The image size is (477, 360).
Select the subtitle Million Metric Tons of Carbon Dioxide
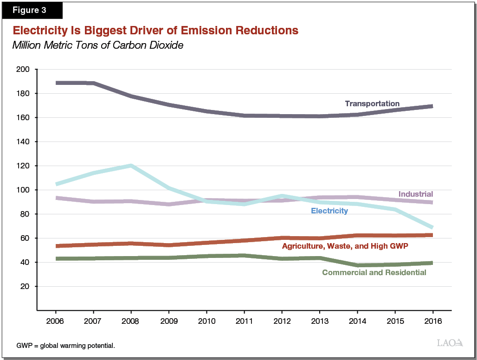click(97, 45)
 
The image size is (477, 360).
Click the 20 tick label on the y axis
click(25, 287)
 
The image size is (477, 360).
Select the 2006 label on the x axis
click(56, 321)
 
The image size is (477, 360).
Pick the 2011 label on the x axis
click(244, 321)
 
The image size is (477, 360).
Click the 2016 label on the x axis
click(432, 321)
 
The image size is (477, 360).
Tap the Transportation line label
click(372, 103)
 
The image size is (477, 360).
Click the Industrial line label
click(415, 194)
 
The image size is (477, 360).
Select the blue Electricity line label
click(329, 211)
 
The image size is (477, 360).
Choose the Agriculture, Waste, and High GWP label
click(345, 246)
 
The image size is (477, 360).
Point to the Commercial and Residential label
click(374, 272)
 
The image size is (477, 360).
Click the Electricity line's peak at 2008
click(131, 166)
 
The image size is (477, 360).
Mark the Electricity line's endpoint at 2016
click(432, 227)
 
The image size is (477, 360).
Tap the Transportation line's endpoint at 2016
click(432, 106)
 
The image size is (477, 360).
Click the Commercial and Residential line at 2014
click(357, 265)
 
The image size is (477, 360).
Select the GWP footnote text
click(65, 346)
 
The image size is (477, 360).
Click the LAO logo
click(450, 343)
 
